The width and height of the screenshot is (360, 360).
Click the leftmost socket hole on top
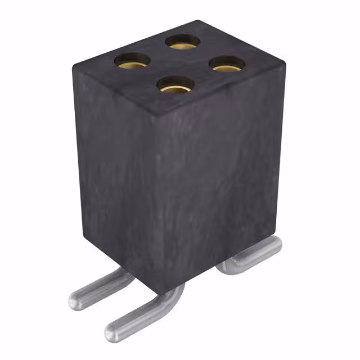pos(132,60)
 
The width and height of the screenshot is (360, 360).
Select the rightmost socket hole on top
pos(227,64)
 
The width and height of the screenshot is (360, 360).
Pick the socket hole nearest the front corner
pos(175,85)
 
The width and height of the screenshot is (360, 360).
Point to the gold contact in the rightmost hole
pos(227,68)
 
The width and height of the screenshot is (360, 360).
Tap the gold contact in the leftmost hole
pos(132,64)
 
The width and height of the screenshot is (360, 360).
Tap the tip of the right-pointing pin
pos(275,243)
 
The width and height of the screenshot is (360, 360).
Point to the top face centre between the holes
pos(179,63)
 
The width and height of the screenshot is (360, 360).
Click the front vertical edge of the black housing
pos(154,202)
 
